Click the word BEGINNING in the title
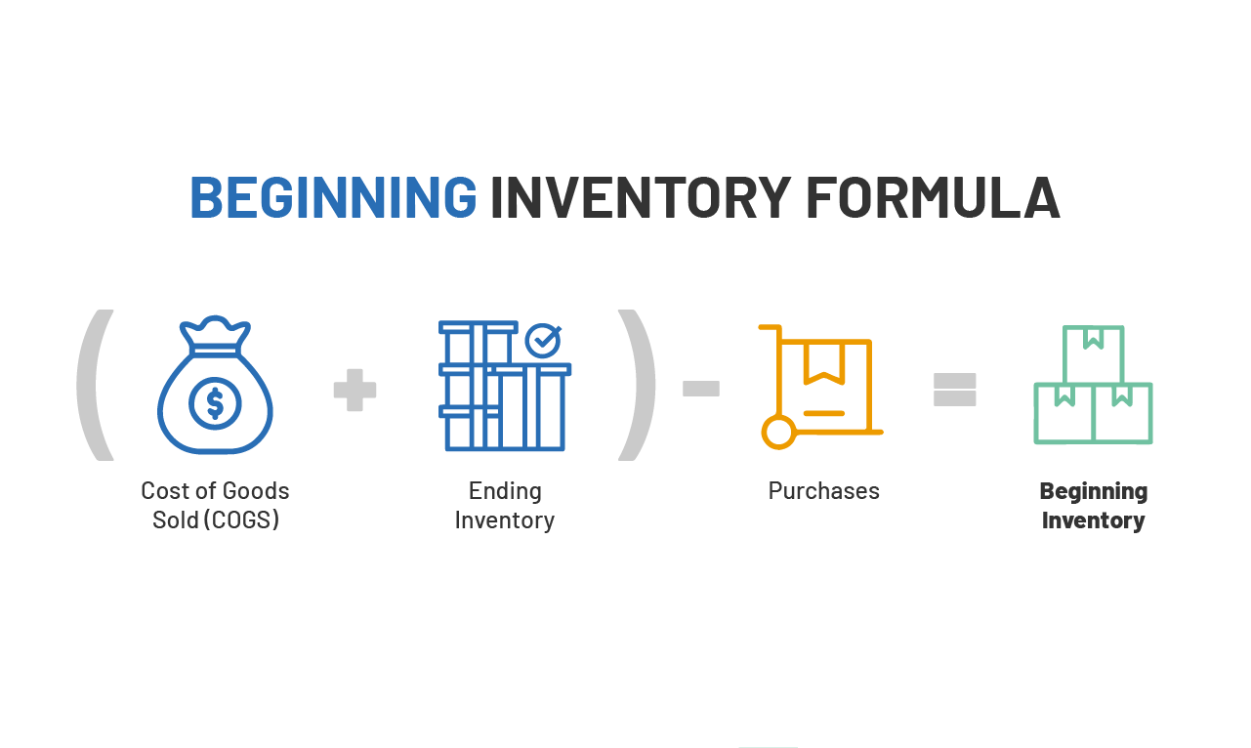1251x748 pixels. (332, 197)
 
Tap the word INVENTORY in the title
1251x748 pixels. (639, 197)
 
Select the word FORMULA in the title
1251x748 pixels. (932, 197)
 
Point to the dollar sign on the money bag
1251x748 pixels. (215, 403)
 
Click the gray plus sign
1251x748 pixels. (354, 390)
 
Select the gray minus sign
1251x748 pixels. (700, 389)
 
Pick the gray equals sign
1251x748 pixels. (955, 389)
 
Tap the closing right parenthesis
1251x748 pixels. (637, 385)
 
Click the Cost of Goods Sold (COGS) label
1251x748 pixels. (215, 505)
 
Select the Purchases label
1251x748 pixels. (823, 490)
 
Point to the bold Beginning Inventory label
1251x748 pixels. (1093, 505)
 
